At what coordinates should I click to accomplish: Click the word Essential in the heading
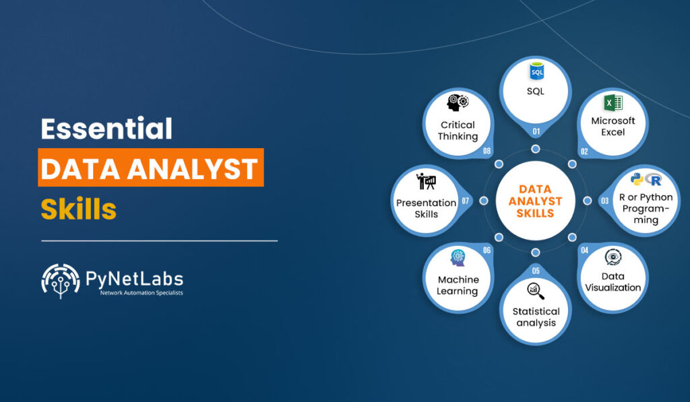click(106, 129)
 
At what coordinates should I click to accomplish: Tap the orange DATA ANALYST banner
click(150, 168)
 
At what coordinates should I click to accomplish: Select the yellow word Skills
click(78, 209)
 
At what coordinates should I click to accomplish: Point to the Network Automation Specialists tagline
click(142, 293)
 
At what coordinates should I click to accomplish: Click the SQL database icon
click(536, 71)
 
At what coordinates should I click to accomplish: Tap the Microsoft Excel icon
click(613, 103)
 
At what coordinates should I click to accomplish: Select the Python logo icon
click(636, 179)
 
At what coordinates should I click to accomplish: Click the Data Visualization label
click(613, 282)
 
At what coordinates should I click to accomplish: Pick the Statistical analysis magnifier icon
click(536, 291)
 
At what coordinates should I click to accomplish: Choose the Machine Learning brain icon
click(458, 259)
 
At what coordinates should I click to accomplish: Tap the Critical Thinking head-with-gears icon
click(458, 104)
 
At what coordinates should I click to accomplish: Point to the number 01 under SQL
click(536, 131)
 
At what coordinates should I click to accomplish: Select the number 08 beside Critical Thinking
click(487, 151)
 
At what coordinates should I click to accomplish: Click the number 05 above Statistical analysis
click(536, 271)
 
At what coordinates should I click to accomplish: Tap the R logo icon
click(653, 180)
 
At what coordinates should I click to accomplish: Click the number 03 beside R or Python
click(605, 201)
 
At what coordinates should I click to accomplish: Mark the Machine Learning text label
click(458, 286)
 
